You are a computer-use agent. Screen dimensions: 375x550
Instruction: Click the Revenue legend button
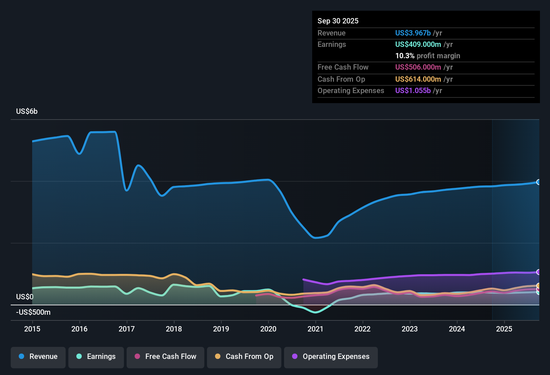[38, 357]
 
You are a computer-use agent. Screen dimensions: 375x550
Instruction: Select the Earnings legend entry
[96, 357]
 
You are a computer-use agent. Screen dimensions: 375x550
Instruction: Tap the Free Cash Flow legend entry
[165, 357]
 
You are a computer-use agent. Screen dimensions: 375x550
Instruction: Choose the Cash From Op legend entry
[244, 357]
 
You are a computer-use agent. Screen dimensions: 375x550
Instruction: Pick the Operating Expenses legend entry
[331, 357]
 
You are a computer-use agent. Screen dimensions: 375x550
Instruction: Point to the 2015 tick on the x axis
[32, 329]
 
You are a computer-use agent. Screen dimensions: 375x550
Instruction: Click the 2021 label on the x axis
[315, 329]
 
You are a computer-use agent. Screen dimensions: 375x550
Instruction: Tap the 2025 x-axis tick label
[504, 329]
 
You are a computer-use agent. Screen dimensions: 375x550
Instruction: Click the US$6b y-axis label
[27, 111]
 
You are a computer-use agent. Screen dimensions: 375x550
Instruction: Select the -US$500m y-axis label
[33, 312]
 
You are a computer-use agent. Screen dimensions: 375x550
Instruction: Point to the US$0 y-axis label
[25, 297]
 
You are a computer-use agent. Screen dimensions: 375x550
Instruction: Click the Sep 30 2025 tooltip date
[338, 21]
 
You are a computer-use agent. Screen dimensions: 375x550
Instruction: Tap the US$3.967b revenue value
[413, 33]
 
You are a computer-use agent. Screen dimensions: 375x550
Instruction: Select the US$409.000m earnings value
[418, 45]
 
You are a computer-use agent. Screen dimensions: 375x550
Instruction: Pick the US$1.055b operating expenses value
[413, 91]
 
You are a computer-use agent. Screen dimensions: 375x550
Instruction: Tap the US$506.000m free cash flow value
[418, 67]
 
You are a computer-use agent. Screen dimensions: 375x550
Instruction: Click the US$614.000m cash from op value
[418, 79]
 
